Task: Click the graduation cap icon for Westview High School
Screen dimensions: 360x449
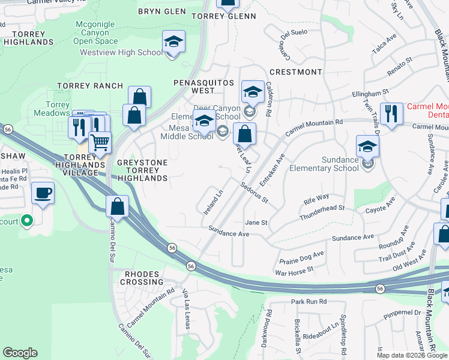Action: (x=173, y=42)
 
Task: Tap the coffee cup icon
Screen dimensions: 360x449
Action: (x=43, y=193)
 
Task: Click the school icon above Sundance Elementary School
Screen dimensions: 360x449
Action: (x=367, y=146)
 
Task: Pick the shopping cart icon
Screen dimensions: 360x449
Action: (x=100, y=142)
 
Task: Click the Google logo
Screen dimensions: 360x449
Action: (x=20, y=353)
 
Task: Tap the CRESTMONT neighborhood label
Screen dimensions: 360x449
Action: (x=300, y=72)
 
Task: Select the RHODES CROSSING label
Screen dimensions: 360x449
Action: (x=143, y=278)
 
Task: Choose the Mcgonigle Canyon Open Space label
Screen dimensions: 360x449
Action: (x=95, y=33)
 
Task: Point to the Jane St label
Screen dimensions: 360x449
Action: (x=256, y=223)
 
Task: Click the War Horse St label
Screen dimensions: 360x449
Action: (x=294, y=271)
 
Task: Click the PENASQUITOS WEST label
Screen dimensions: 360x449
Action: (x=194, y=86)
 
